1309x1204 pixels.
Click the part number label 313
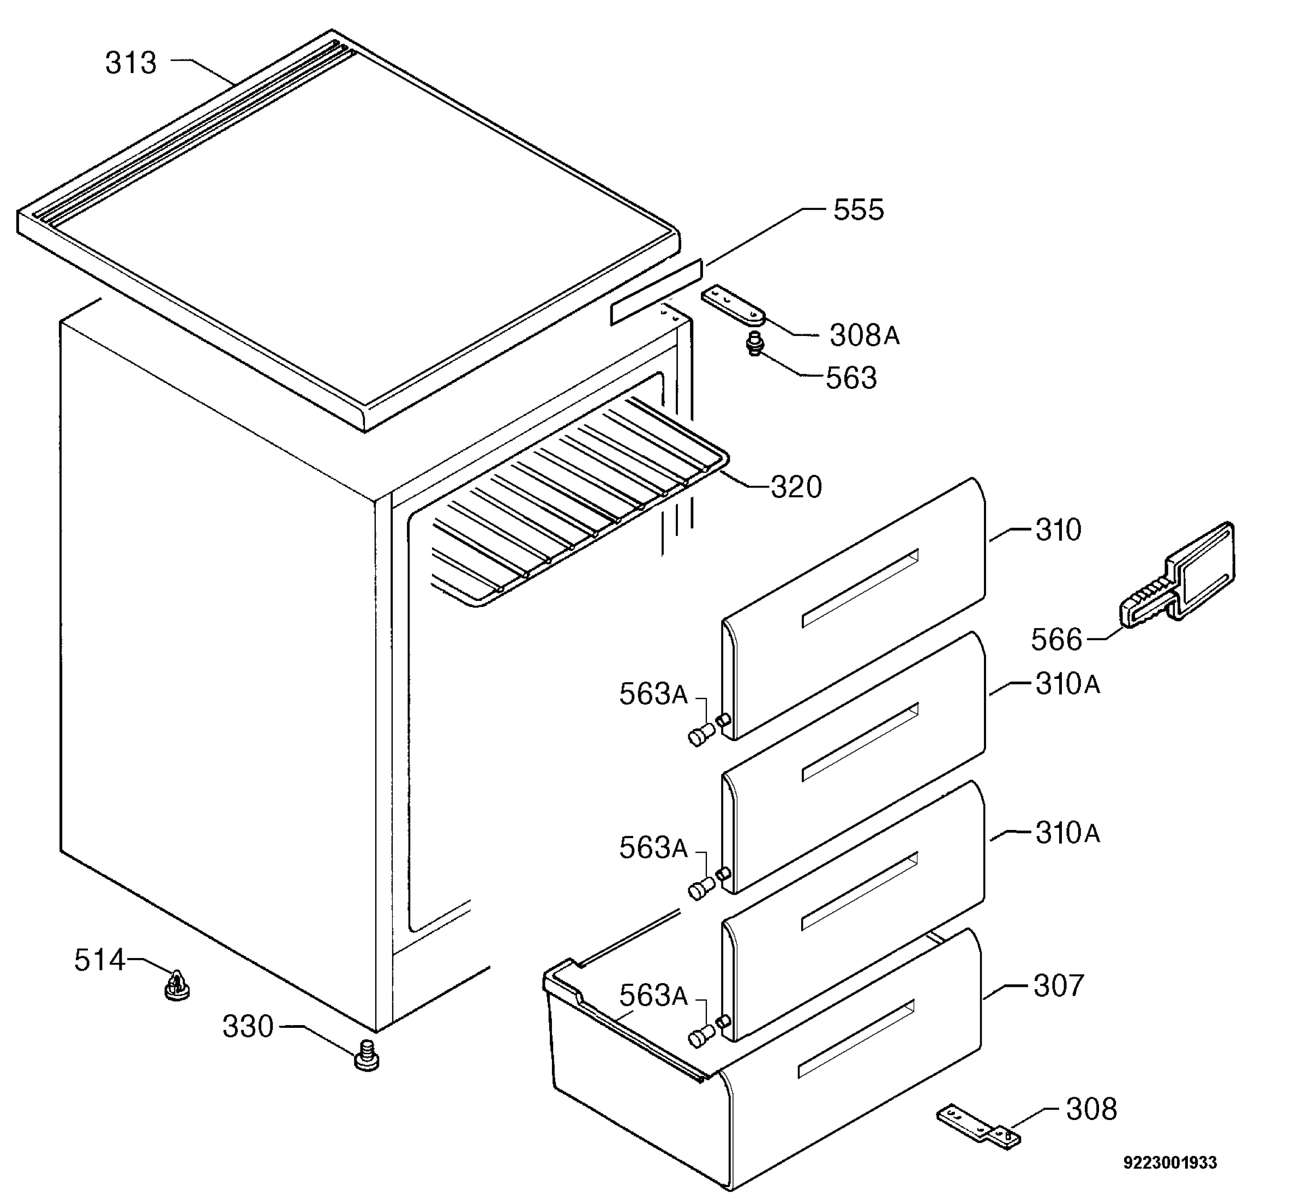point(131,63)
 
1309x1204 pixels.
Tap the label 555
point(859,210)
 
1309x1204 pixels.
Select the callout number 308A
point(864,335)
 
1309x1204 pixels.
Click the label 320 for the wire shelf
point(796,487)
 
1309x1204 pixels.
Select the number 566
point(1056,639)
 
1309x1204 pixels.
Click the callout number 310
point(1059,529)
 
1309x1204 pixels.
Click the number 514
point(100,960)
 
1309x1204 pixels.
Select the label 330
point(248,1027)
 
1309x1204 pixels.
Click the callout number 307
point(1059,986)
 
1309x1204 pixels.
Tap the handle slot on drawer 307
point(856,1039)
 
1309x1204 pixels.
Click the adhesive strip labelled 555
point(657,292)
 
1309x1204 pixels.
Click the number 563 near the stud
point(851,378)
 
